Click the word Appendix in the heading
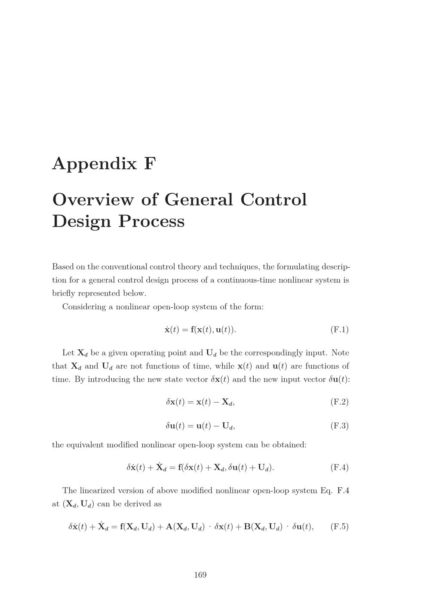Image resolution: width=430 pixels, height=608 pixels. (94, 164)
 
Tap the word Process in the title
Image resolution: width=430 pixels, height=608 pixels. (151, 221)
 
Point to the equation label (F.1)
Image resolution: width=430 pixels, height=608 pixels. (339, 330)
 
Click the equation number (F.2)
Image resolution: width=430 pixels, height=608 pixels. (339, 402)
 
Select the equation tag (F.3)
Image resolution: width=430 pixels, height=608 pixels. (339, 426)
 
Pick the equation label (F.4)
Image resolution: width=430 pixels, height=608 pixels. (339, 467)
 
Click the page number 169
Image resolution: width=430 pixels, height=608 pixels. (200, 575)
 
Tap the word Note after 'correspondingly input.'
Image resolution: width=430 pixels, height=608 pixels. (340, 353)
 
